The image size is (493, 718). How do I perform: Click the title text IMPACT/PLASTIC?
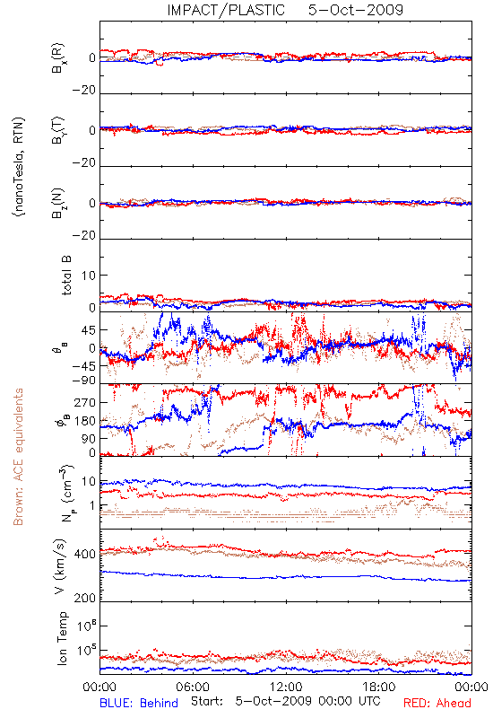point(226,10)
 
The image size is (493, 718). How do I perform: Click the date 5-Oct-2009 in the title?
point(356,10)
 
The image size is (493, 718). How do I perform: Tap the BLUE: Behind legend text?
point(139,703)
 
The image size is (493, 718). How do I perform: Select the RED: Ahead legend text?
point(437,703)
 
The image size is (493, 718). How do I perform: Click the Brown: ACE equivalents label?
point(18,457)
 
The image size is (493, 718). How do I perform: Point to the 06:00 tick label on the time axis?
point(193,687)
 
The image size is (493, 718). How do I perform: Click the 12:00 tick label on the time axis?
point(286,687)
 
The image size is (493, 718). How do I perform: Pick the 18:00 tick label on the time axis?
point(379,687)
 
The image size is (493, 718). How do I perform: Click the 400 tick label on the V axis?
point(85,554)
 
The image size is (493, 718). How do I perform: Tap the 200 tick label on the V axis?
point(85,598)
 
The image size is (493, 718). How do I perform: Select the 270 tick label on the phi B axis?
point(85,402)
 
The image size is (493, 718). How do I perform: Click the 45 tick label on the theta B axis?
point(89,330)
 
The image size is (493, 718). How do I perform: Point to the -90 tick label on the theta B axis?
point(83,381)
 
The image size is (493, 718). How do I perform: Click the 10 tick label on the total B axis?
point(89,276)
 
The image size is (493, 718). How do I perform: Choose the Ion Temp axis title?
point(62,638)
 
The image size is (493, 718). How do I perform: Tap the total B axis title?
point(65,276)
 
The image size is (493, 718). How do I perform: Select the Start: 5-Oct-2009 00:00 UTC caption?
point(286,702)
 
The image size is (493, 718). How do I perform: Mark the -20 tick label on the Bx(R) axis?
point(84,91)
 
